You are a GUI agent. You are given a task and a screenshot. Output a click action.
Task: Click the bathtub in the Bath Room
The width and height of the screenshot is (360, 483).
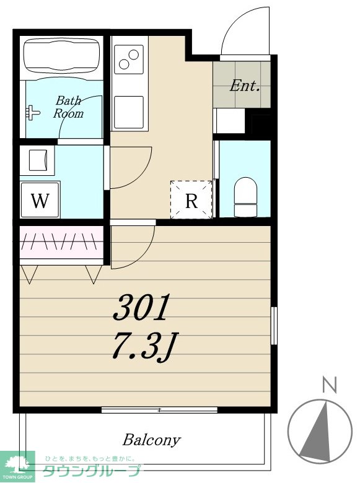point(62,57)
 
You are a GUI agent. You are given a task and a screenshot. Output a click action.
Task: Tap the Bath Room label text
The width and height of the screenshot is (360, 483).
point(68,107)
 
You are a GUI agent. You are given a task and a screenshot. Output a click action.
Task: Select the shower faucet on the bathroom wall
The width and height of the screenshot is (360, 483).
point(32,113)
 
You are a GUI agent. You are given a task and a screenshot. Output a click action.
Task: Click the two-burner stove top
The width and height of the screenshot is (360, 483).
point(129,59)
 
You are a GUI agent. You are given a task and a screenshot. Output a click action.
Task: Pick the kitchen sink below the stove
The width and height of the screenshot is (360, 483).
point(129,112)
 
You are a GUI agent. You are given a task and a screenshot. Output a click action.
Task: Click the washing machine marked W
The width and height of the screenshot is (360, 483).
point(40,200)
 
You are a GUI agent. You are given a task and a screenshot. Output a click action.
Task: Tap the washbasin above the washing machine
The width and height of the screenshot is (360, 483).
point(38,160)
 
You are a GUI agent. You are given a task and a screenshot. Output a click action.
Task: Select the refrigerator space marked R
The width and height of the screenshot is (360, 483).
point(191,200)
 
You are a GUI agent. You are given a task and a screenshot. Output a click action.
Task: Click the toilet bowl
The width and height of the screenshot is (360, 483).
point(245,196)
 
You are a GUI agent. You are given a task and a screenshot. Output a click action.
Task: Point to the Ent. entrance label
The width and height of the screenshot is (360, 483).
point(244,85)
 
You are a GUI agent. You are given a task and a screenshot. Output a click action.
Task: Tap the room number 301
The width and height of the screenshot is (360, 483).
point(141,307)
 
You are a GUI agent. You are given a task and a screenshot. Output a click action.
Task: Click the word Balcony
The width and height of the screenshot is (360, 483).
point(151,440)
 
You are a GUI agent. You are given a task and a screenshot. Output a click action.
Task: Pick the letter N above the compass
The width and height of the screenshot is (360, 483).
point(330,385)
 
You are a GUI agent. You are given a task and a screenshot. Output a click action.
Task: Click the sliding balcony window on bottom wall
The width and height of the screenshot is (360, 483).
point(159,410)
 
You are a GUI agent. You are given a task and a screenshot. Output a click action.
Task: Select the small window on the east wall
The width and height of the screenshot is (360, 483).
point(274,326)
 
